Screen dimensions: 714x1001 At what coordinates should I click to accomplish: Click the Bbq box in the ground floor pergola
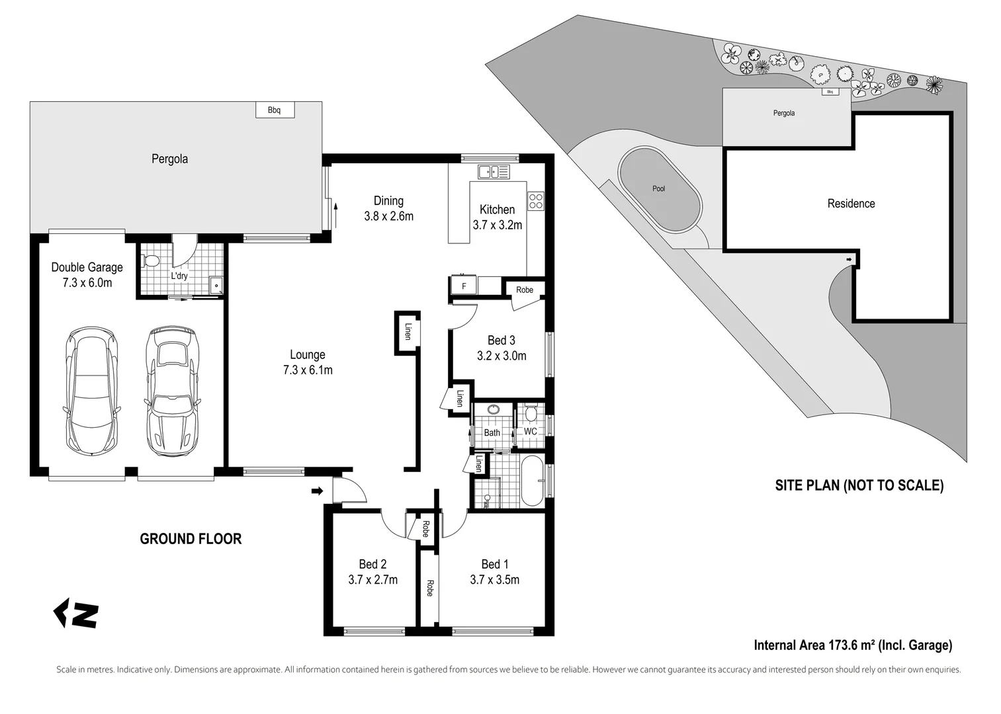coord(275,110)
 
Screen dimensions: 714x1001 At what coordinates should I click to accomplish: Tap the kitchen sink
coord(493,172)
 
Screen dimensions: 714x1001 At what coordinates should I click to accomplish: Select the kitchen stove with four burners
coord(535,201)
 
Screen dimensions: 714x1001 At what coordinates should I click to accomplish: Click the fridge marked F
coord(463,286)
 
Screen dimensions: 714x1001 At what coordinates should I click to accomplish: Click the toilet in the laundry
coord(152,261)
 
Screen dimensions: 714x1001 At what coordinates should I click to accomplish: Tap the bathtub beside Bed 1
coord(532,480)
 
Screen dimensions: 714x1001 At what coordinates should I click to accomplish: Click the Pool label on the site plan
coord(658,189)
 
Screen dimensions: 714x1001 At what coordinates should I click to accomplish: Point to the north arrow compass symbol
coord(76,614)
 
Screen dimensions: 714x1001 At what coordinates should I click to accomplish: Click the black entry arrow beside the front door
coord(318,491)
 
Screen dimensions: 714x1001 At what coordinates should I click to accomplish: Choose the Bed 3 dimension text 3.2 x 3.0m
coord(501,356)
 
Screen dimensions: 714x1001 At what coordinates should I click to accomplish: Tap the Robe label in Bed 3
coord(525,290)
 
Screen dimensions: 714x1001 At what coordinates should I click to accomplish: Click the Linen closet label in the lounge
coord(408,331)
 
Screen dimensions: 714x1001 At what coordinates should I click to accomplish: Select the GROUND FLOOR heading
coord(191,539)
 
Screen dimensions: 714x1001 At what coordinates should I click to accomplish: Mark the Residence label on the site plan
coord(851,204)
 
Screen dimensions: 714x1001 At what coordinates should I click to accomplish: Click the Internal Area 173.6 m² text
coord(853,645)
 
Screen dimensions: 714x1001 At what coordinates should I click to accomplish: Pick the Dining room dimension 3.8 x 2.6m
coord(388,216)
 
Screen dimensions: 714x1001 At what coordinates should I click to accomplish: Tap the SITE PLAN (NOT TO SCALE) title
coord(859,486)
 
